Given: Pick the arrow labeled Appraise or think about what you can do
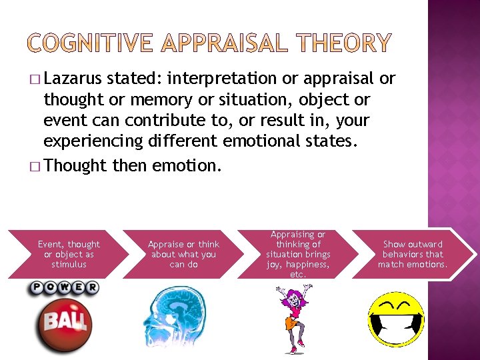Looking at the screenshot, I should (x=183, y=254).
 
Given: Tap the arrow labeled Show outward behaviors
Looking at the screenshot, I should (x=413, y=254).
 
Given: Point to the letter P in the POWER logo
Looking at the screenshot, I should (x=35, y=288).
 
